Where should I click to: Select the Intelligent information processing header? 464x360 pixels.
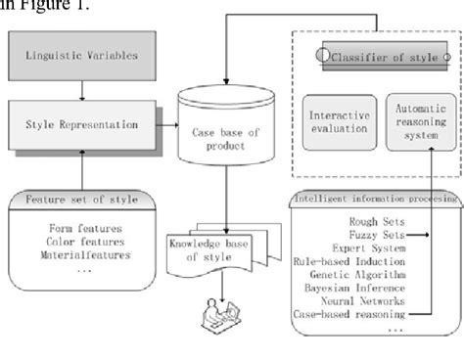375,200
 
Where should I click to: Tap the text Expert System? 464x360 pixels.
358,248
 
